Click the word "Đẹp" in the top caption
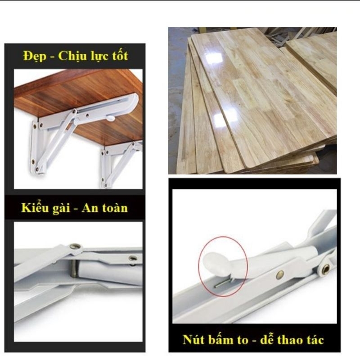point(35,56)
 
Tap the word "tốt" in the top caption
point(120,55)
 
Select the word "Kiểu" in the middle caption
point(35,207)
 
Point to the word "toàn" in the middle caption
point(115,208)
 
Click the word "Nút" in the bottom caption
point(193,339)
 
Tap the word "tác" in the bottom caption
point(316,340)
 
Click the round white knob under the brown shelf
point(111,118)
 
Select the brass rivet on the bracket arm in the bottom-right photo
point(279,274)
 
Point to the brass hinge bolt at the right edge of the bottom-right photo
point(325,269)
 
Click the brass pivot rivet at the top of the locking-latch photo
point(75,247)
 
